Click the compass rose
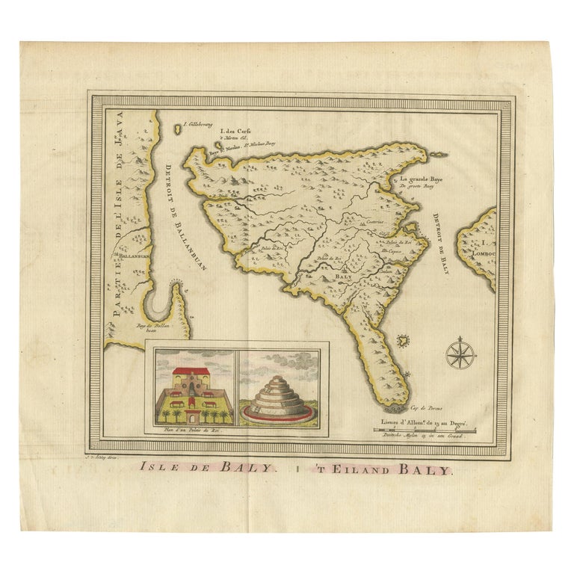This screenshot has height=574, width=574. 460,353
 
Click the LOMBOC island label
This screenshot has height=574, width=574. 485,253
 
